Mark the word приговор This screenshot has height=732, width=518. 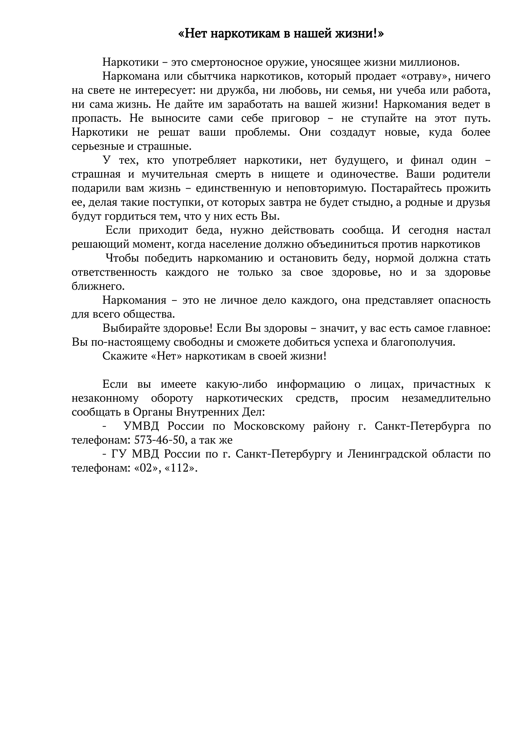[295, 118]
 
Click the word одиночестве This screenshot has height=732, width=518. [363, 174]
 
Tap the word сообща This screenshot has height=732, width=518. [362, 230]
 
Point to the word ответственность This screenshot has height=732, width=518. [114, 273]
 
